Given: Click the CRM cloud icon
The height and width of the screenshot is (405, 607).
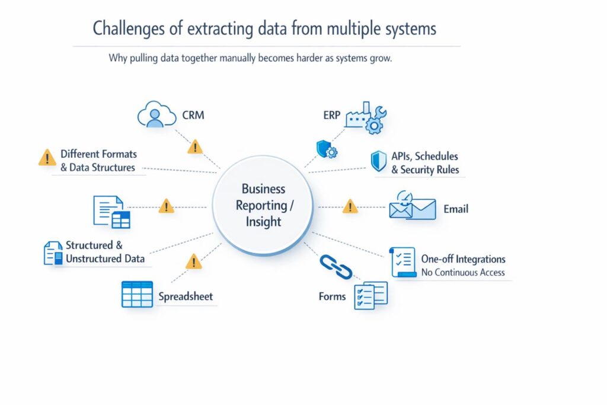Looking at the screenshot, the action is [156, 114].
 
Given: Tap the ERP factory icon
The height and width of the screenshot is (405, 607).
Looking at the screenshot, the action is [366, 118].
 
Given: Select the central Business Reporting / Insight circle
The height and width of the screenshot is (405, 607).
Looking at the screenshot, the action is [263, 205].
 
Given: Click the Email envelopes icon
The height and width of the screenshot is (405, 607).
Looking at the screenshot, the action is [413, 206].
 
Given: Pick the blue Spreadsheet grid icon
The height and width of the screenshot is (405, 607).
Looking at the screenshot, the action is [137, 294].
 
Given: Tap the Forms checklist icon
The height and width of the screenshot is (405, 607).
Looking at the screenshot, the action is [370, 295].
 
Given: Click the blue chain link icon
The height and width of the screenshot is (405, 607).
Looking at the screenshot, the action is [336, 267].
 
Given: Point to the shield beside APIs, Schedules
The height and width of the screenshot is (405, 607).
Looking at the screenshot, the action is [379, 161].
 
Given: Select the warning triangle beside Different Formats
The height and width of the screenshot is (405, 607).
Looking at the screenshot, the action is [47, 158].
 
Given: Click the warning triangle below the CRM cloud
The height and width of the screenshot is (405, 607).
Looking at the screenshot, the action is [195, 146].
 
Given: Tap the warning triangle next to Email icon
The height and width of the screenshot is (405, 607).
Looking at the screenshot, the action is [350, 206].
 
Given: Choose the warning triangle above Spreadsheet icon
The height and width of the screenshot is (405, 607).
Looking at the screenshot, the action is [194, 262].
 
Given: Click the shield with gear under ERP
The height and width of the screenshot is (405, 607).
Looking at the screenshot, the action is [327, 149].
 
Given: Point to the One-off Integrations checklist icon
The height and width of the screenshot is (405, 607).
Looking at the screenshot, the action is [403, 262].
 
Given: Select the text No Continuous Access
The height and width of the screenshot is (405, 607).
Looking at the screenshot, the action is [462, 273].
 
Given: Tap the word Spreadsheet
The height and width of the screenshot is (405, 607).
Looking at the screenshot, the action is [186, 296].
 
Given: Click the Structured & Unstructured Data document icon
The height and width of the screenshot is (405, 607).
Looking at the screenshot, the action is [53, 253].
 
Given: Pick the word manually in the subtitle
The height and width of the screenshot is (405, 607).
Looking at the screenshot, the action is [237, 58].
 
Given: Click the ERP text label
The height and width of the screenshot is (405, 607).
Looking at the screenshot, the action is [332, 115].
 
